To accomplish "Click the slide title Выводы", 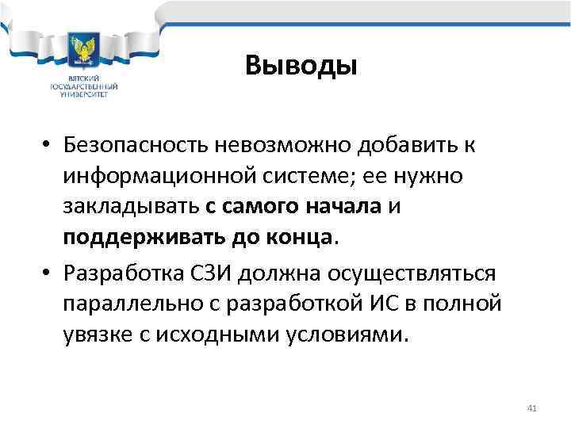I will click(x=301, y=65).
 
